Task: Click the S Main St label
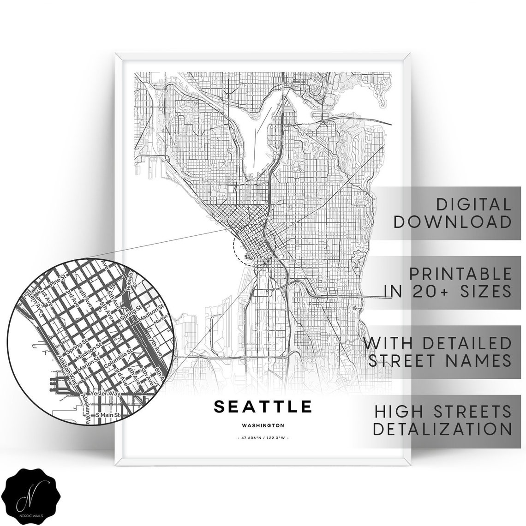point(107,415)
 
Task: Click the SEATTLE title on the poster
point(263,406)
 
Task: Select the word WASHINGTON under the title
point(263,426)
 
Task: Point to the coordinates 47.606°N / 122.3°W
point(263,438)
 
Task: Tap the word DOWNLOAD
point(453,222)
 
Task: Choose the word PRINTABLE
point(460,274)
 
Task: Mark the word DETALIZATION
point(442,429)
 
